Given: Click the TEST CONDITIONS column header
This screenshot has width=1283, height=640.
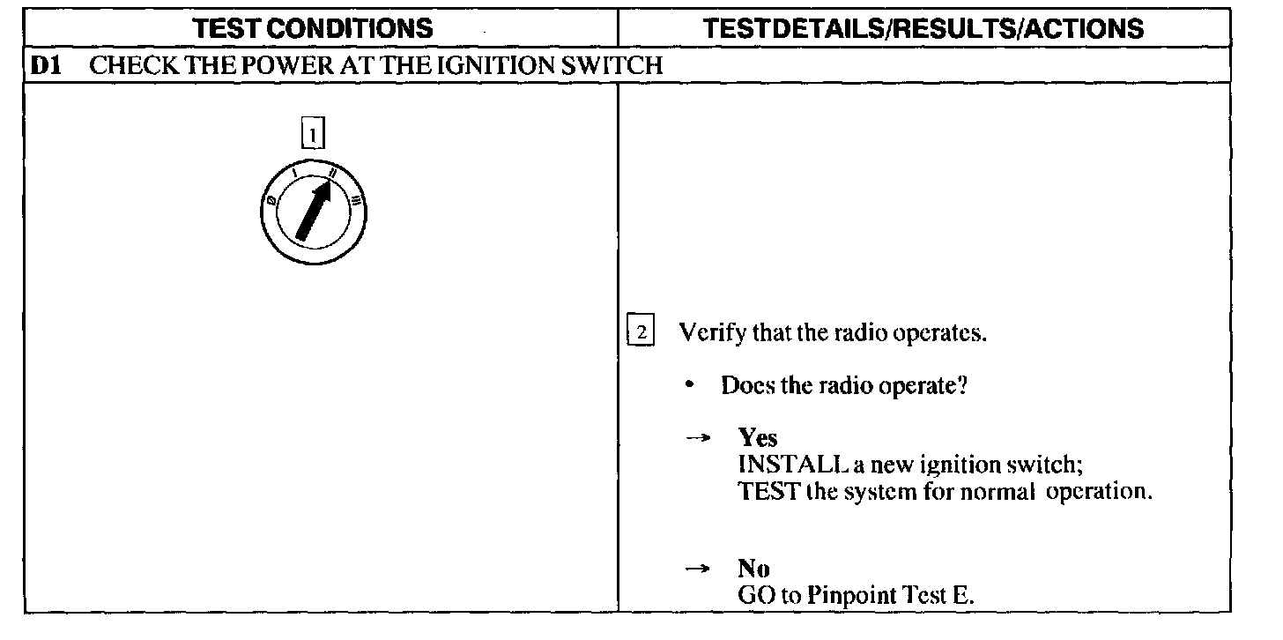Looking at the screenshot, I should (314, 28).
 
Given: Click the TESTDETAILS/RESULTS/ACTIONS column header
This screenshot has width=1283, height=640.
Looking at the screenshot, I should (924, 28).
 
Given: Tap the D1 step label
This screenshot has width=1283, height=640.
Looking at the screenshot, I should (45, 66).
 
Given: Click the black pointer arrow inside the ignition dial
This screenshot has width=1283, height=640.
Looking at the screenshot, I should (315, 207).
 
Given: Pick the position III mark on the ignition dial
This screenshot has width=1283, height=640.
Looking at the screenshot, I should (355, 199).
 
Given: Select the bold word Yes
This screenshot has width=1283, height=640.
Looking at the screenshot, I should (758, 438).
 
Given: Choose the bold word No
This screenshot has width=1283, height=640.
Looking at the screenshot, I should (754, 569).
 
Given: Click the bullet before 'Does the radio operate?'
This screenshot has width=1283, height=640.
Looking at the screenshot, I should (696, 386).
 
